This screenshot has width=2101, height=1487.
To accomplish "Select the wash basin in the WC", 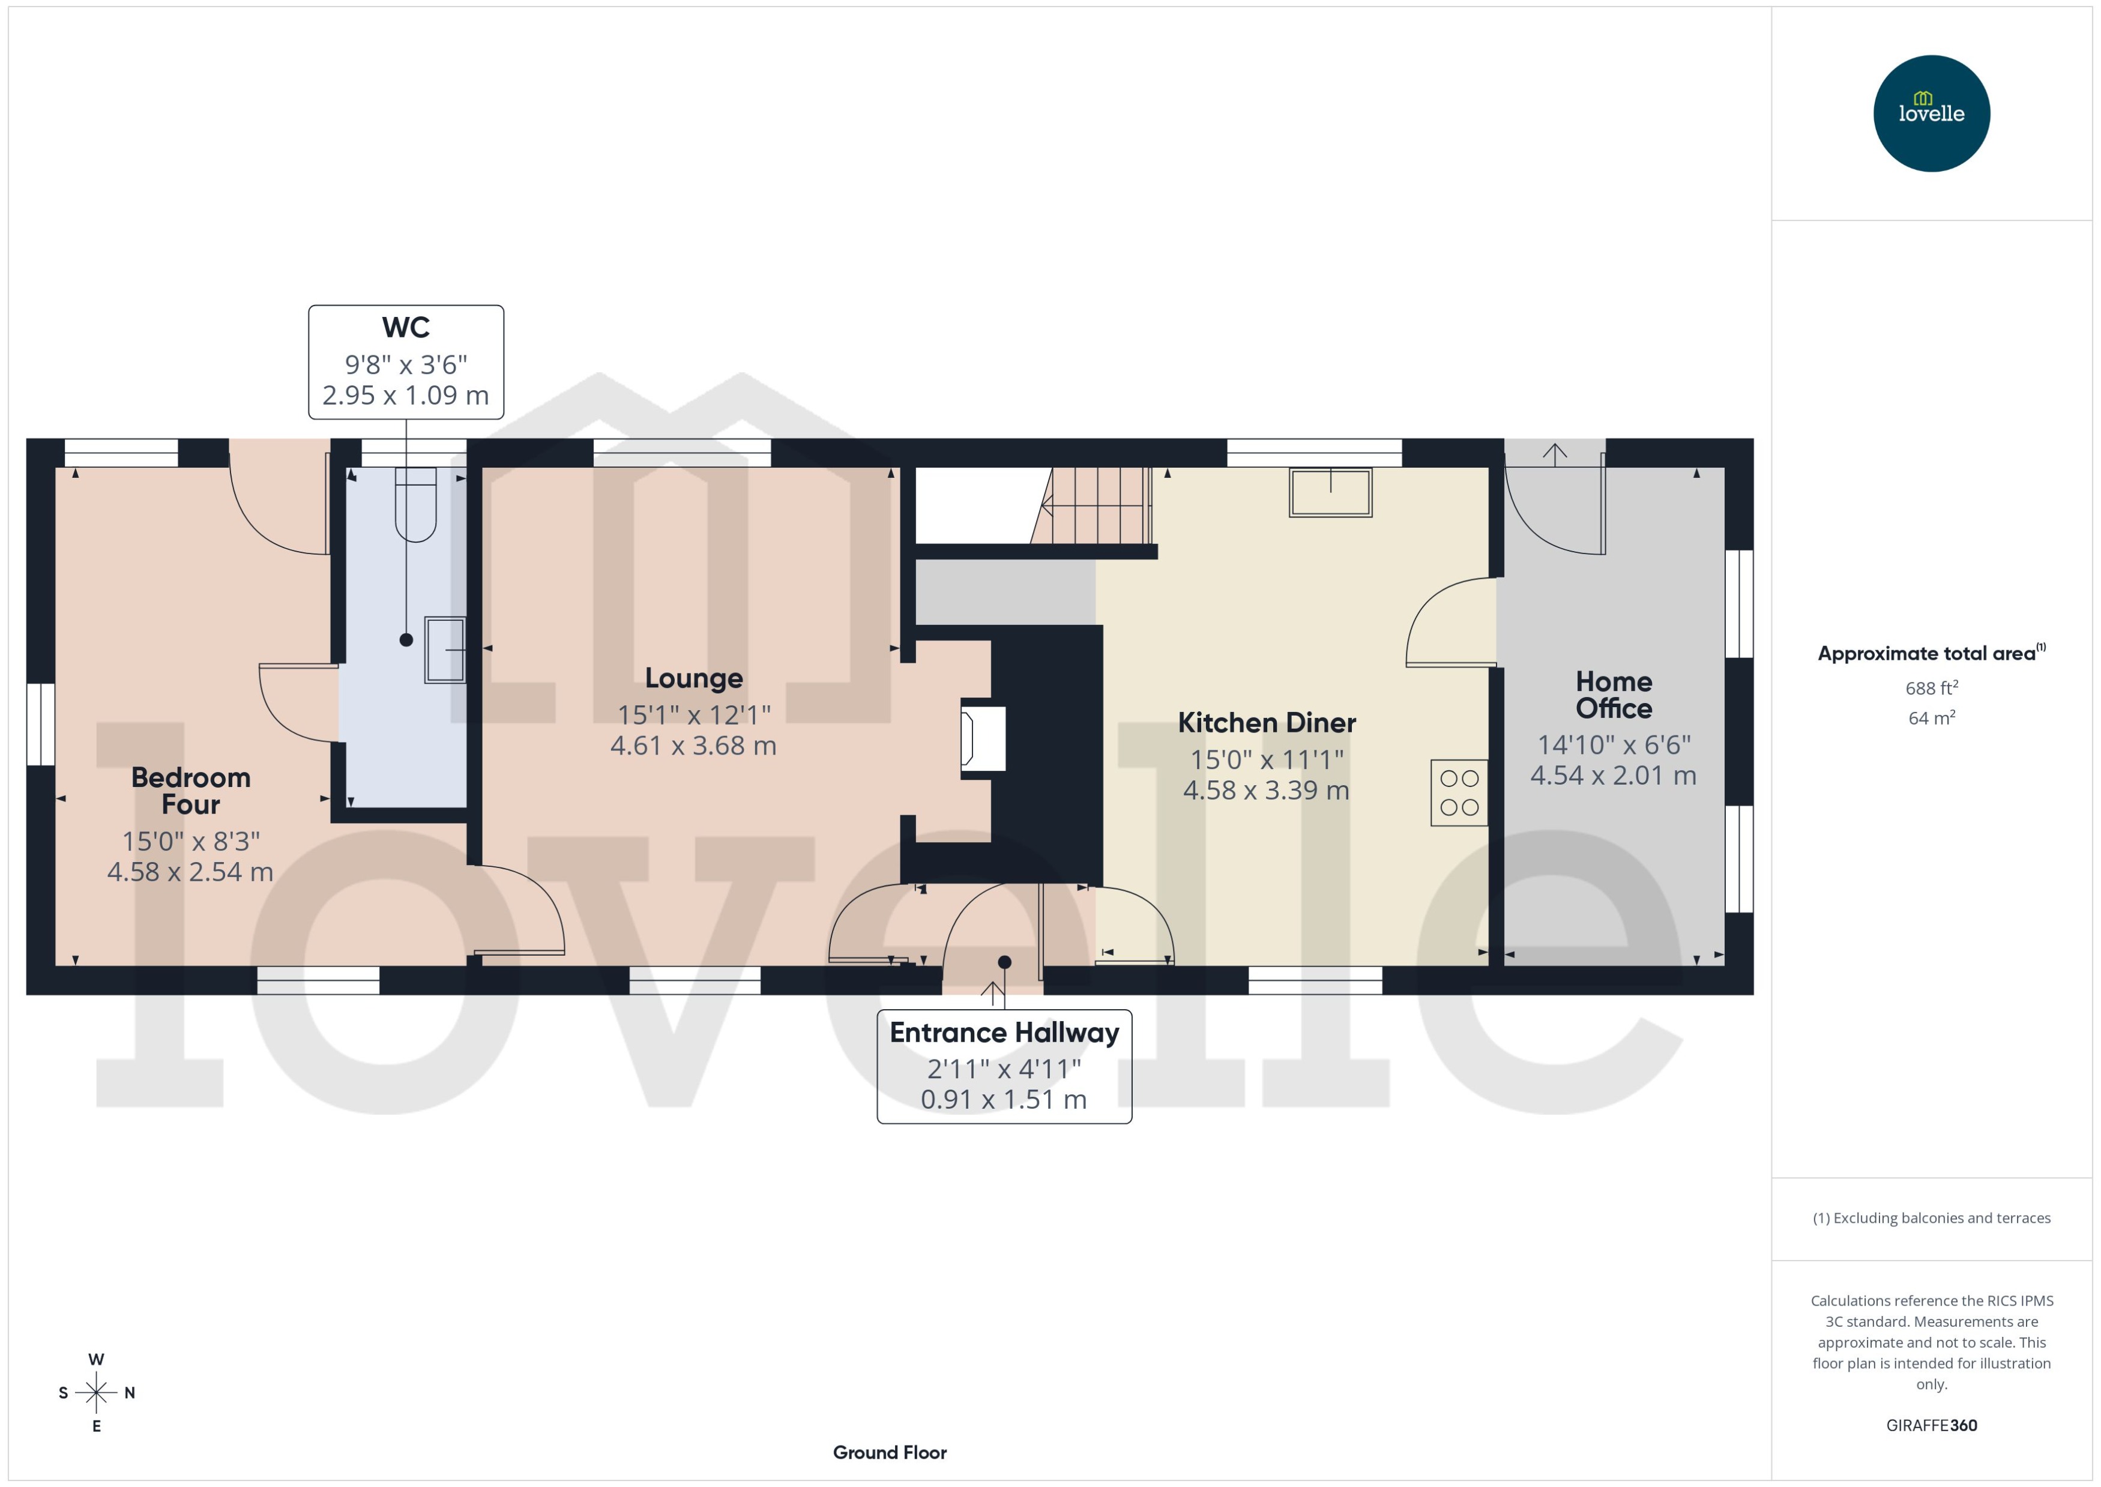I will [445, 650].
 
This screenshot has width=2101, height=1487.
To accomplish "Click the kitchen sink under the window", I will [1330, 493].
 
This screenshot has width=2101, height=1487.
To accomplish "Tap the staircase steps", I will [1099, 505].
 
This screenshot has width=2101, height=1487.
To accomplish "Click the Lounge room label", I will [693, 678].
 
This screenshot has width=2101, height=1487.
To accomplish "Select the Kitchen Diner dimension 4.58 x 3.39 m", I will [1266, 790].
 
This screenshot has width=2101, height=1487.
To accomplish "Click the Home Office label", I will [1613, 695].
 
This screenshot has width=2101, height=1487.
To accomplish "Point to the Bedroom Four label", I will [190, 790].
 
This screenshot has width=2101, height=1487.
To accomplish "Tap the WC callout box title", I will [406, 328].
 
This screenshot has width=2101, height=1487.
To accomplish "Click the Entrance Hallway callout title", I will [1004, 1033].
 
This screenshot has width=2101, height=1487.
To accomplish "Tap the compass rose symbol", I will [96, 1393].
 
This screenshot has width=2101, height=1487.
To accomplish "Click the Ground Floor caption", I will [889, 1452].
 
